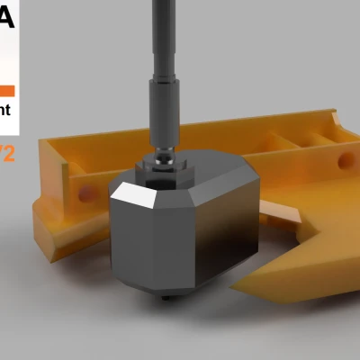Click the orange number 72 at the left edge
[7, 154]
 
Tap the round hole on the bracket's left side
[85, 193]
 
